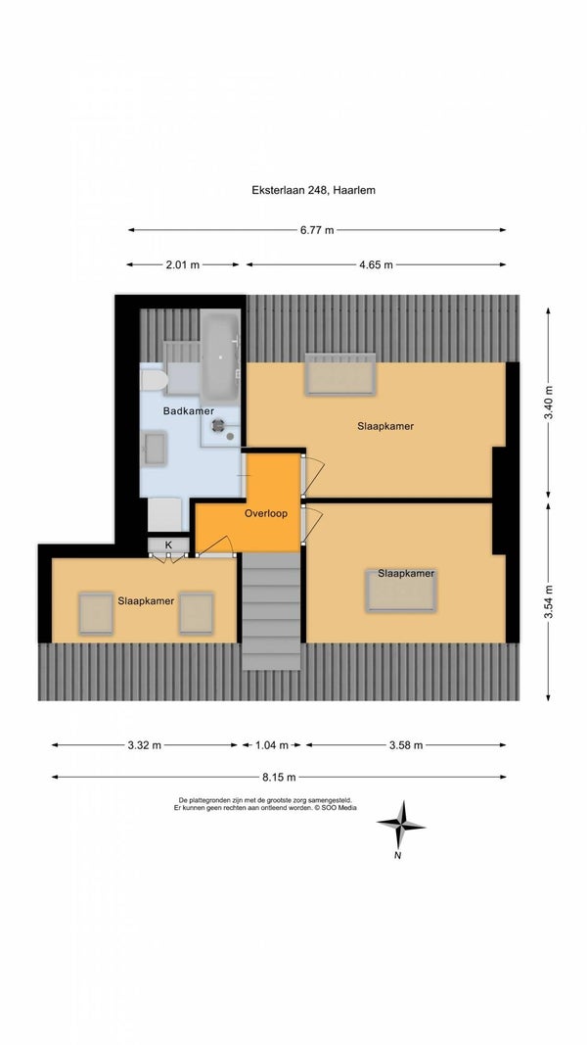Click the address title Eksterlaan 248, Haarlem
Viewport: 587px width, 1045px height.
(313, 190)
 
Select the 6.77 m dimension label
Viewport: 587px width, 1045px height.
(317, 230)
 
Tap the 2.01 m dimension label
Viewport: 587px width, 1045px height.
(182, 264)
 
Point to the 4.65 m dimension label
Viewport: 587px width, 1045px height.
(376, 264)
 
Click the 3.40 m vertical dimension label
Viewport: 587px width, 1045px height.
(549, 403)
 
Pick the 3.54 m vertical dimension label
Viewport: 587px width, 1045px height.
(549, 601)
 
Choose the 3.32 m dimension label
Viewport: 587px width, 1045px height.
(145, 745)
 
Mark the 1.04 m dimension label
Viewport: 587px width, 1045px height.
(272, 745)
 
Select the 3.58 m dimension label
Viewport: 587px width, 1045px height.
(406, 745)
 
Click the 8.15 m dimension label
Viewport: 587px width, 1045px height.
(279, 777)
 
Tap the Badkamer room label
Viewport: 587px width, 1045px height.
(189, 411)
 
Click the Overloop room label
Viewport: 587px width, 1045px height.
(265, 514)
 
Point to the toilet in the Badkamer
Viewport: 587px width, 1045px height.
(154, 381)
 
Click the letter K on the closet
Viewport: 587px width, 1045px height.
(168, 546)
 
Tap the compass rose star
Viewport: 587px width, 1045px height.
(401, 825)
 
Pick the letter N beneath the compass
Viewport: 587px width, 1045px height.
(397, 856)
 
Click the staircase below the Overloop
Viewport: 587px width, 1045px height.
(271, 611)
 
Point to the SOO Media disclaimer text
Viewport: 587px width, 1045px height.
(265, 804)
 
